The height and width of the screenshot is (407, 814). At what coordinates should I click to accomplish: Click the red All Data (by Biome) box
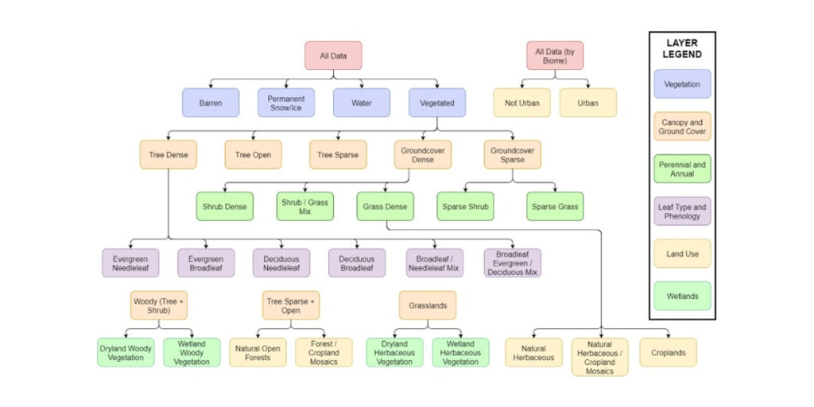554,56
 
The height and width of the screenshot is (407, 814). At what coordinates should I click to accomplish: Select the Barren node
211,103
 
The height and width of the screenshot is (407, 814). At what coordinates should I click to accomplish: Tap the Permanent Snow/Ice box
286,103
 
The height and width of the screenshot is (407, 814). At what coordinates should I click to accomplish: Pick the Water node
362,103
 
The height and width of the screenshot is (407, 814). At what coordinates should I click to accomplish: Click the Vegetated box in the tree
437,103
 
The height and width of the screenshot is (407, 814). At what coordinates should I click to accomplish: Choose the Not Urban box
521,103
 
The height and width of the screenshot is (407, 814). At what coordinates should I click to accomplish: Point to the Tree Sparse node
338,154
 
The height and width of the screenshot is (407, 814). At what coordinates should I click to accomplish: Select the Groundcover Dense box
422,154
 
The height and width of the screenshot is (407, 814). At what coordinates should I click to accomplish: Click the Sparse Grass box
555,207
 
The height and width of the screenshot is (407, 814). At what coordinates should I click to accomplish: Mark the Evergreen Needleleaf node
130,262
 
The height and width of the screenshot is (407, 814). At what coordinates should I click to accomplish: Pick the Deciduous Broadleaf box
357,262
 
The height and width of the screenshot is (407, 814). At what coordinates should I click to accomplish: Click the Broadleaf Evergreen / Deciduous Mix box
512,262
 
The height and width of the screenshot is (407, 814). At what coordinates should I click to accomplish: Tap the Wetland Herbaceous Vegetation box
461,352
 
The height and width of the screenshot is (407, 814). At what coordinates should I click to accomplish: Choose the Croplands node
668,352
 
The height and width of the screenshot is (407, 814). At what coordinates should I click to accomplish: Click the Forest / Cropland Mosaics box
324,352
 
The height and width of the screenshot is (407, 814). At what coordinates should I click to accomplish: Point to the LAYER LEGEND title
682,49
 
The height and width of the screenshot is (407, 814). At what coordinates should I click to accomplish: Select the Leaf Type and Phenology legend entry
682,211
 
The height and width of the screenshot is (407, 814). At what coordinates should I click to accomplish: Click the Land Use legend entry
682,254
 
